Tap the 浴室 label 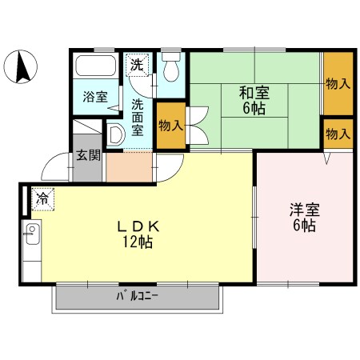[x=95, y=97]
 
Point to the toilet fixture [x=170, y=69]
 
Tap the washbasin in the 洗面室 [x=114, y=134]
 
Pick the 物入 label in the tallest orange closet [x=337, y=82]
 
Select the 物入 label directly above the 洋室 [x=337, y=133]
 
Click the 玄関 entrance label [x=88, y=155]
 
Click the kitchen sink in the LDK [x=32, y=237]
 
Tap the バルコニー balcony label [x=137, y=297]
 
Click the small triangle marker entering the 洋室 [x=326, y=158]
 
